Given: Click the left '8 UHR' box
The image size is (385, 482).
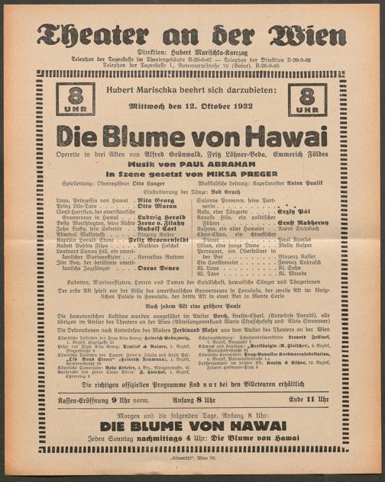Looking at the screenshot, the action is (76, 101).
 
